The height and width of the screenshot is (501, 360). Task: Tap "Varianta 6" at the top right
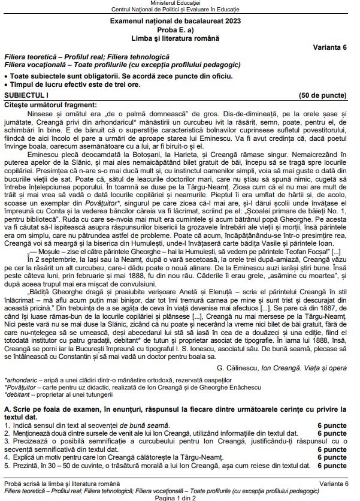(x=329, y=47)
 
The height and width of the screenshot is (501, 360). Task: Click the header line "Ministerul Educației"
(x=180, y=4)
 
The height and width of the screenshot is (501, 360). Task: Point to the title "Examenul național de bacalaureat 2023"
(x=180, y=21)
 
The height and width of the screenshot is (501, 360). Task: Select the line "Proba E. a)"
(x=180, y=29)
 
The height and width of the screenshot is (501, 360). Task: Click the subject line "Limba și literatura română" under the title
(x=180, y=38)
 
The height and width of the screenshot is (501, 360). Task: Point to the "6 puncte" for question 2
(x=332, y=432)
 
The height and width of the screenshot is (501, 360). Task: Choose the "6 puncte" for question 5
(x=332, y=464)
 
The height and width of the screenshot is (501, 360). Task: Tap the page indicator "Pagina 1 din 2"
(x=180, y=497)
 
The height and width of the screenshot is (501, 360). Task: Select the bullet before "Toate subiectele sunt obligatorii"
(x=6, y=77)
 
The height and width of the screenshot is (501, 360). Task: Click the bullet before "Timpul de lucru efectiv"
(x=6, y=84)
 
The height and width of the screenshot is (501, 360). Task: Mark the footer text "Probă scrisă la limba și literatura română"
(x=63, y=483)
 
